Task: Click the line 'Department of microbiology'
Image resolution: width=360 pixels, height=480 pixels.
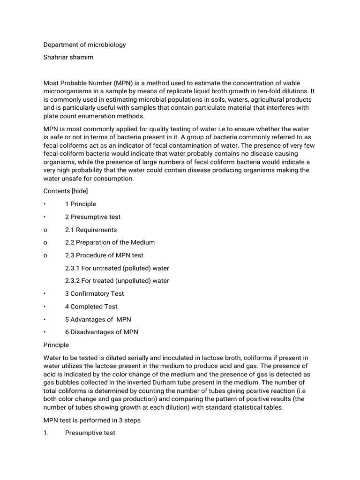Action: pos(84,45)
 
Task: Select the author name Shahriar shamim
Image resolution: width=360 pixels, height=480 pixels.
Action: pos(68,58)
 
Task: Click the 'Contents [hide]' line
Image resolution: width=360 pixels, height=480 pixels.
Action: pos(66,191)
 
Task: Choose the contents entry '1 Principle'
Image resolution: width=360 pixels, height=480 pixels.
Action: pos(81,204)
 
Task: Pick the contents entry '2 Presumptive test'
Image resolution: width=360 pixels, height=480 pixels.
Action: pos(93,217)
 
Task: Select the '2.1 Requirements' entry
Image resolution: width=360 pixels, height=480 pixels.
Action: pos(91,230)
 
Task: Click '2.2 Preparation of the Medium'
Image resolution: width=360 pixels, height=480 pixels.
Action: pos(110,242)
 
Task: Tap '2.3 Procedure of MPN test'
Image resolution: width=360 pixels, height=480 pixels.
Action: pos(104,255)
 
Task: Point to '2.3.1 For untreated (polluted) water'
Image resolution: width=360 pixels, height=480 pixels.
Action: pos(117,268)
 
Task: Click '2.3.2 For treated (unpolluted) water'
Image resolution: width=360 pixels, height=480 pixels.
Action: pos(117,281)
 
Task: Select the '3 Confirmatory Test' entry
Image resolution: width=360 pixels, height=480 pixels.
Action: pos(95,294)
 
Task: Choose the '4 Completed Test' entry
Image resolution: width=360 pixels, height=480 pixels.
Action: pos(91,307)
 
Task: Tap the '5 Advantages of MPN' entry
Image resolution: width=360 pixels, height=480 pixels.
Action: pos(98,319)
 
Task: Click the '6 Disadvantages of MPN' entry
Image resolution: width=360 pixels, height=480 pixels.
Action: pos(102,332)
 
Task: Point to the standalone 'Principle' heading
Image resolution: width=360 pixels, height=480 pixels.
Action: pos(56,345)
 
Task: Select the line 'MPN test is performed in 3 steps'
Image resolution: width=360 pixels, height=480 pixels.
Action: pos(92,420)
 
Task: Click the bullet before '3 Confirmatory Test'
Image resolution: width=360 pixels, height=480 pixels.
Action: pos(45,294)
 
